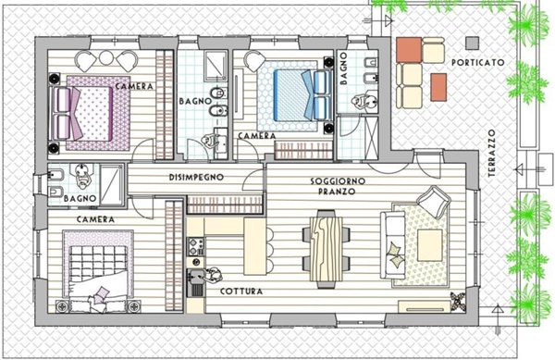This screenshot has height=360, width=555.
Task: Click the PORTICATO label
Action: point(478,62)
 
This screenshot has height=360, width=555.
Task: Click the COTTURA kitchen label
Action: point(240,292)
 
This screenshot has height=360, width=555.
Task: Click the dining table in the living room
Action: point(327,245)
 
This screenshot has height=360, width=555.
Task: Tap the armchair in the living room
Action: point(431,200)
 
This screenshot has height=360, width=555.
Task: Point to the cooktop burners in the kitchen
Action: point(194,246)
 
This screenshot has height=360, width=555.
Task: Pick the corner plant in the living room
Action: point(457,300)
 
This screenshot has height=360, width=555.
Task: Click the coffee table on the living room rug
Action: point(429,244)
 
